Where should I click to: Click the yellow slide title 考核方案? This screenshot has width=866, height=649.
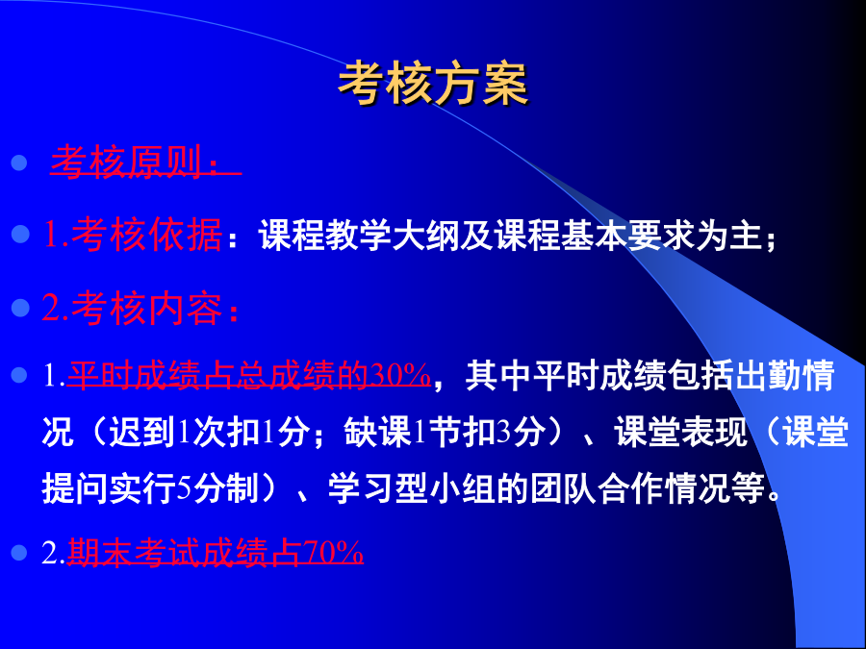[433, 84]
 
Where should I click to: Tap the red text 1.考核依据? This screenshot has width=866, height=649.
[133, 235]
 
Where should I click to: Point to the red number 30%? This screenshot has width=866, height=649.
[400, 375]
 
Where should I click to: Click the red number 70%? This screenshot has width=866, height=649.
[333, 552]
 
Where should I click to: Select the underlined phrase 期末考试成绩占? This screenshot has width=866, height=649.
[185, 553]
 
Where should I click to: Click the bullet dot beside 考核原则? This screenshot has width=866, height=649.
[19, 162]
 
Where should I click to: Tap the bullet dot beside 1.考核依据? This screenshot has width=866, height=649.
[20, 234]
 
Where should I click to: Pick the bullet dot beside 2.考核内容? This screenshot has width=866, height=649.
[20, 308]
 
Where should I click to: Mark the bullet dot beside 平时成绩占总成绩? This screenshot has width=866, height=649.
[19, 375]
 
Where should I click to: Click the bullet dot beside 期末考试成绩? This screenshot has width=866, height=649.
[19, 553]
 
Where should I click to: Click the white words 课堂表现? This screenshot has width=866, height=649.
[680, 432]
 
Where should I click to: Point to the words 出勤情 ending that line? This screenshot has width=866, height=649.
[783, 375]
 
